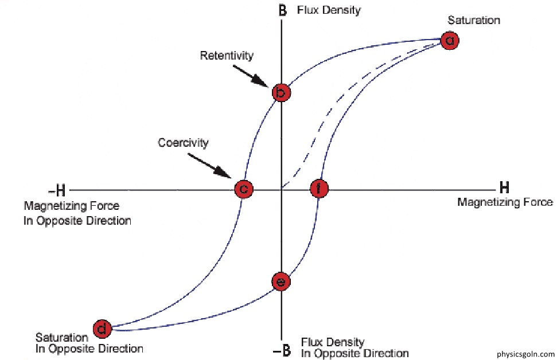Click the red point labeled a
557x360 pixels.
[x=450, y=40]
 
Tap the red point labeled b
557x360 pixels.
[x=281, y=93]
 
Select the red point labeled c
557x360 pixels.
[x=244, y=189]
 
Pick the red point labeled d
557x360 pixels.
[x=102, y=329]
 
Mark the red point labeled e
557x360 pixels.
[x=281, y=282]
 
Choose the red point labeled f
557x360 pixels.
[x=319, y=189]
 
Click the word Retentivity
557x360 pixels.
[x=227, y=56]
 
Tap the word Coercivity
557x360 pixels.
[x=183, y=143]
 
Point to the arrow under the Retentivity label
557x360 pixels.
[x=251, y=76]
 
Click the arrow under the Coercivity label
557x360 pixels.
[x=209, y=166]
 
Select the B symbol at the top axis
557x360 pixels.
[x=282, y=10]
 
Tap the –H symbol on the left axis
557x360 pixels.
[x=57, y=191]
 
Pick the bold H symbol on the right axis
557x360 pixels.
[x=504, y=187]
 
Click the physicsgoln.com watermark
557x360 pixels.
[x=525, y=354]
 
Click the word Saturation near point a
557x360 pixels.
[x=474, y=20]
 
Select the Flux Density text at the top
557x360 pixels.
[x=329, y=10]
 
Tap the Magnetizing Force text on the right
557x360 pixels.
[x=505, y=202]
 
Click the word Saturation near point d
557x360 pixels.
[x=61, y=337]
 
